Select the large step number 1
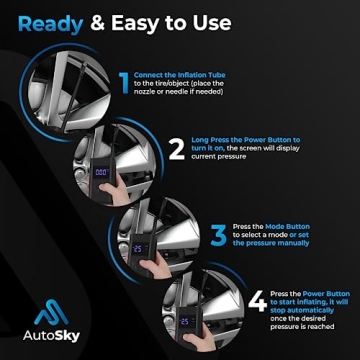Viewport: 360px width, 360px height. pos(123,85)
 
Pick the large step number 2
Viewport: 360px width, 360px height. pos(176,151)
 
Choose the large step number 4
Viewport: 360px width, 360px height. pos(256,301)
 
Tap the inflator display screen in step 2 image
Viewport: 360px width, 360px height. pos(102,172)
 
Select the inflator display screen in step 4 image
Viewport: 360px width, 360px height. pos(187,321)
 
